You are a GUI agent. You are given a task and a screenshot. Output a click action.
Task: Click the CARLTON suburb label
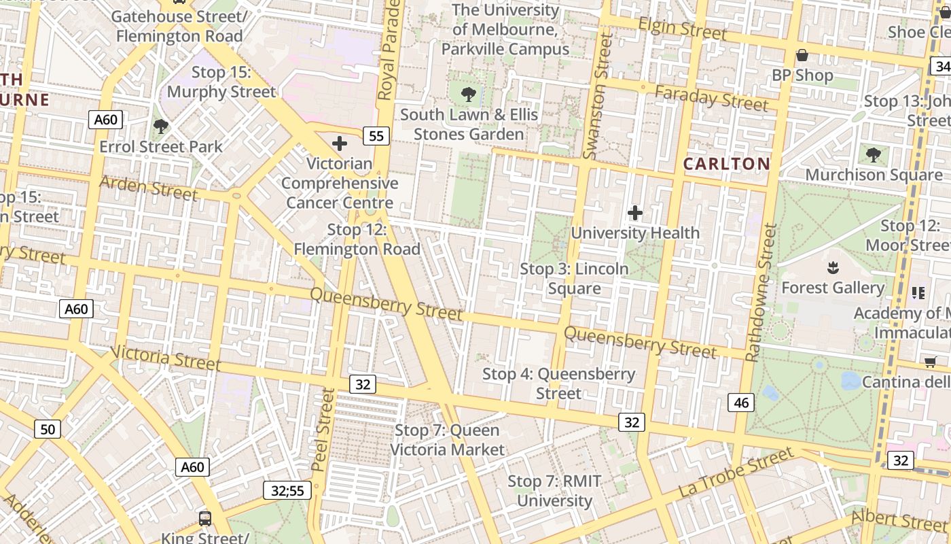click(726, 164)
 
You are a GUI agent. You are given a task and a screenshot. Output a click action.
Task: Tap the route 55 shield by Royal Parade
click(376, 136)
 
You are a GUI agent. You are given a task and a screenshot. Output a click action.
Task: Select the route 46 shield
click(741, 403)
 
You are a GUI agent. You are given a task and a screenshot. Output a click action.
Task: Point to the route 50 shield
click(47, 429)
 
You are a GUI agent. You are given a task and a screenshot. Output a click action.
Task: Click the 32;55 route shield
click(287, 490)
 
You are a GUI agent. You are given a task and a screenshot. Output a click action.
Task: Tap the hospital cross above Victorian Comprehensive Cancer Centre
click(339, 143)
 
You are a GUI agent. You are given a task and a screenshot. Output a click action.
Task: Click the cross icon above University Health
click(634, 213)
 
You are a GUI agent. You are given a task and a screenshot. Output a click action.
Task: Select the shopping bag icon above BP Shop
click(802, 55)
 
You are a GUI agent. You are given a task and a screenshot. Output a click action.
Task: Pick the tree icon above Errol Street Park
click(161, 126)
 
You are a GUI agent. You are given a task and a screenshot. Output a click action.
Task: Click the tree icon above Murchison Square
click(873, 154)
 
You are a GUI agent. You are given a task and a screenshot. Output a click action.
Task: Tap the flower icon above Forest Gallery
click(833, 267)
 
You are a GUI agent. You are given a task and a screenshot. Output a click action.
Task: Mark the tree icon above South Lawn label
click(468, 94)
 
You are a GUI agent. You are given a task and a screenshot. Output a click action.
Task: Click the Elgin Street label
click(683, 29)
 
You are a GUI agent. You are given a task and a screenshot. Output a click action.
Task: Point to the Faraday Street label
click(711, 99)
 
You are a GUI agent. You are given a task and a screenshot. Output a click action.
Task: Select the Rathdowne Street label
click(761, 293)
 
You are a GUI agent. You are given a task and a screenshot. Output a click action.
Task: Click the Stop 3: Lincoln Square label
click(574, 279)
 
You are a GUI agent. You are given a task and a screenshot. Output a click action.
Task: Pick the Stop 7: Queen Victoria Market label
click(447, 440)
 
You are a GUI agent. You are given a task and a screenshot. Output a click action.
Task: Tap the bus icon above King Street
click(204, 518)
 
